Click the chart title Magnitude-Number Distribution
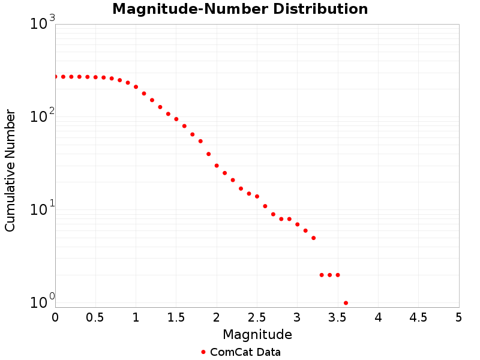(240, 10)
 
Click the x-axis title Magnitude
(257, 334)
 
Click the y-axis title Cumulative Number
(10, 170)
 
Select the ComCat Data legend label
(245, 352)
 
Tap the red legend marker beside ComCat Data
(203, 352)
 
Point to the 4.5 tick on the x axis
(418, 317)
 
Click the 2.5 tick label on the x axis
(257, 317)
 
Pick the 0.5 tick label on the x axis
(95, 317)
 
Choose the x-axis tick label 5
(459, 317)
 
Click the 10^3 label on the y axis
(43, 24)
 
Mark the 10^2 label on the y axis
(43, 116)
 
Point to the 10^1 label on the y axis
(43, 209)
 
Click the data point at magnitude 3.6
(346, 303)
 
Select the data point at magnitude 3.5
(338, 275)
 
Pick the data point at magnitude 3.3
(322, 275)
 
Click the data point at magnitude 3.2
(313, 238)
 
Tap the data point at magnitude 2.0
(217, 166)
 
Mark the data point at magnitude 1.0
(136, 87)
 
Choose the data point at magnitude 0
(55, 77)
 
